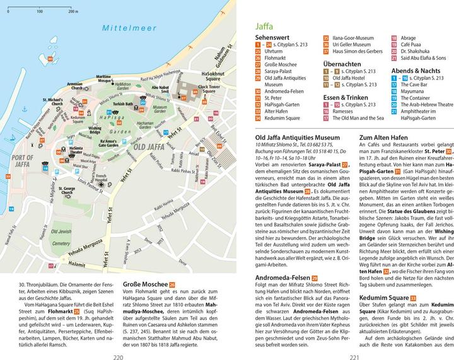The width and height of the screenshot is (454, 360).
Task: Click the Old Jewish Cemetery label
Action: [61, 236]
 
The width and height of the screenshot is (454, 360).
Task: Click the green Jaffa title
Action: [265, 26]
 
